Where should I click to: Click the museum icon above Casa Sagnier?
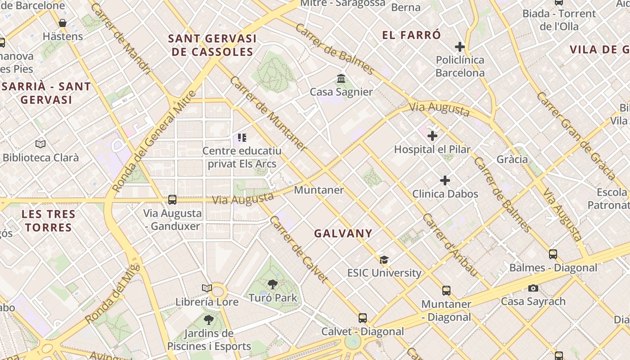[x=341, y=79]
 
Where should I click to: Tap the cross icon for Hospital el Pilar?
[x=432, y=136]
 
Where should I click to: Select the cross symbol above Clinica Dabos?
[x=445, y=181]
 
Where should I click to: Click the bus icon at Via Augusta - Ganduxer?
[x=172, y=200]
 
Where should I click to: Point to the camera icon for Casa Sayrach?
[x=533, y=288]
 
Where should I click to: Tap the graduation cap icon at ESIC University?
[x=384, y=260]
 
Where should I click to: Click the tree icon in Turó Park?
[x=272, y=284]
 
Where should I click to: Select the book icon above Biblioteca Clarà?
[x=40, y=144]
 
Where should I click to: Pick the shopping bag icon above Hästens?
[x=63, y=23]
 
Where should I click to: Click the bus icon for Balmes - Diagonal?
[x=553, y=254]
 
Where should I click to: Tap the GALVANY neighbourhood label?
[x=343, y=234]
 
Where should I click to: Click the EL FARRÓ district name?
[x=411, y=35]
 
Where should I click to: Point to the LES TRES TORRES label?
[x=49, y=220]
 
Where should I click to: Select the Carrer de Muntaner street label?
[x=268, y=113]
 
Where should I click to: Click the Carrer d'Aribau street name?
[x=450, y=245]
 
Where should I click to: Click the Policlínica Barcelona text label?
[x=460, y=66]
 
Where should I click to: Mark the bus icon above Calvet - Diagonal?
[x=363, y=318]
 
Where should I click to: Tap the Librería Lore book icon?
[x=207, y=288]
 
